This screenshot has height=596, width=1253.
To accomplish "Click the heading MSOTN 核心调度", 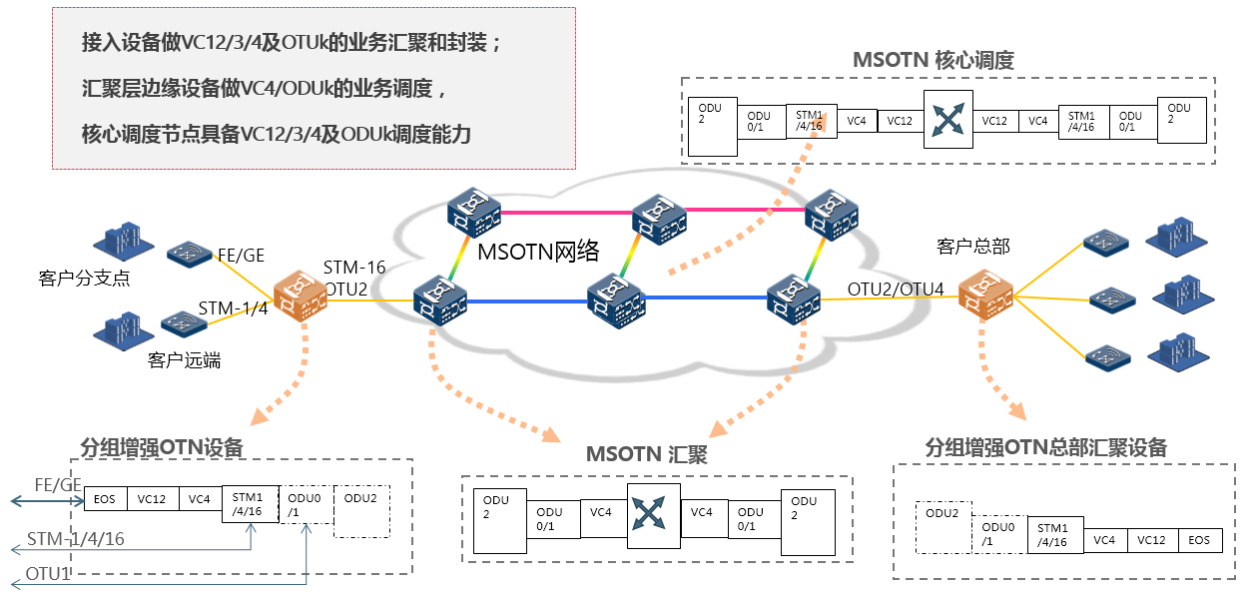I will (933, 60).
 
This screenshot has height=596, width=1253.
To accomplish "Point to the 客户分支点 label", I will (84, 279).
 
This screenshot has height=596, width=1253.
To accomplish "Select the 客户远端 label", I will (184, 360).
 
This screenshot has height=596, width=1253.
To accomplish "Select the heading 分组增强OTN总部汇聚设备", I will (1045, 446).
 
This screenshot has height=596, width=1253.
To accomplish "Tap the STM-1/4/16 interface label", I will (76, 540).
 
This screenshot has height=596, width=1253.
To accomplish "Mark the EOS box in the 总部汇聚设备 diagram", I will (1199, 540).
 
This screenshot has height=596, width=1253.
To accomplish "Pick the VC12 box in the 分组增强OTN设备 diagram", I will (152, 498).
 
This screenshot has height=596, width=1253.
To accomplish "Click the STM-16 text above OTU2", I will (354, 268).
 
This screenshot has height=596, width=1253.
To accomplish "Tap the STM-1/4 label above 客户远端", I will (233, 307).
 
